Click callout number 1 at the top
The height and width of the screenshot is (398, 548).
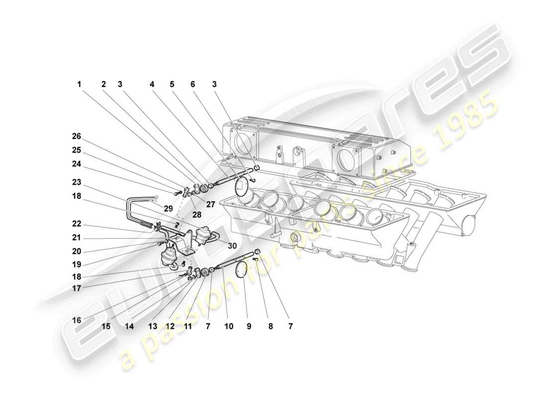(x=79, y=85)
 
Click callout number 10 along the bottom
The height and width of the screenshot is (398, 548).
(x=229, y=327)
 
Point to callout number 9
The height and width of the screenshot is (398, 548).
(x=249, y=327)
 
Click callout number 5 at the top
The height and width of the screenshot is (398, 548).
(x=172, y=85)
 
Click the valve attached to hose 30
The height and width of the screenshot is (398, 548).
(x=203, y=235)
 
